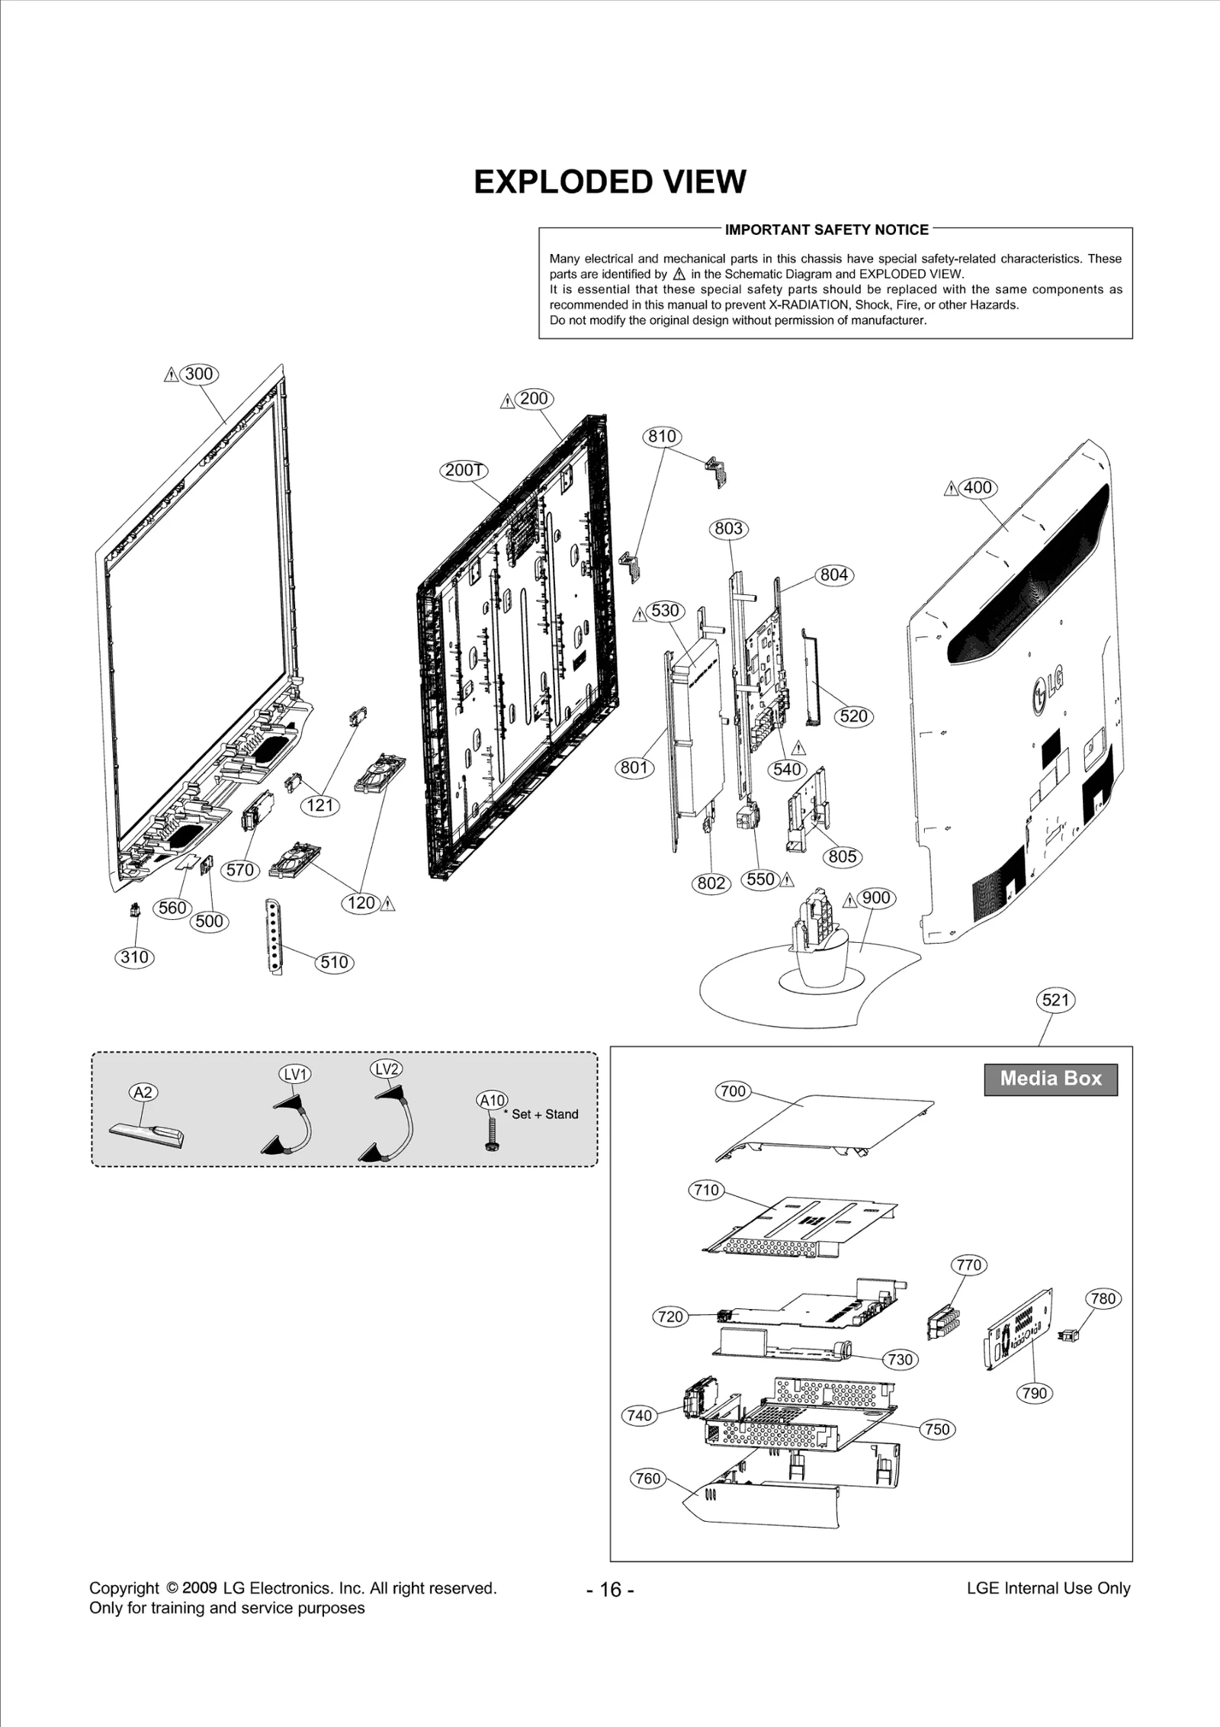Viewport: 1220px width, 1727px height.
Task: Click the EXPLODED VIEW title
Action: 610,182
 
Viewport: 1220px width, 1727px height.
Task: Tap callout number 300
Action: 199,374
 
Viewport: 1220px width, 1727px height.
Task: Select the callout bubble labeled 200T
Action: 464,470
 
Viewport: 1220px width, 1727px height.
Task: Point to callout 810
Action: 662,436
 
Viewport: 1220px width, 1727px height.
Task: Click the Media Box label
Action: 1051,1079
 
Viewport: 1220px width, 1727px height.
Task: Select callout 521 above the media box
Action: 1055,999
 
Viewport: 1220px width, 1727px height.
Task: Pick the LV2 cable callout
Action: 387,1069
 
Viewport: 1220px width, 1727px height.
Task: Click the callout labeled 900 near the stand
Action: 876,898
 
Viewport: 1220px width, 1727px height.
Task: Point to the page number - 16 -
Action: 610,1590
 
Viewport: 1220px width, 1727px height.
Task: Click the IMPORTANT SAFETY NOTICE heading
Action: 827,230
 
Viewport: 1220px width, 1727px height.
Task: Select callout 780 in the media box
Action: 1103,1298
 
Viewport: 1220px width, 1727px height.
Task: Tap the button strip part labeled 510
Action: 272,935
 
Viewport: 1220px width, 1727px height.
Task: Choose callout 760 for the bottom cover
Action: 647,1478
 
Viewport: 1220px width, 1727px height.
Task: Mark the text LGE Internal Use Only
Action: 1048,1588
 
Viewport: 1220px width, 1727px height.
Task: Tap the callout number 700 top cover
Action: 733,1091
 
